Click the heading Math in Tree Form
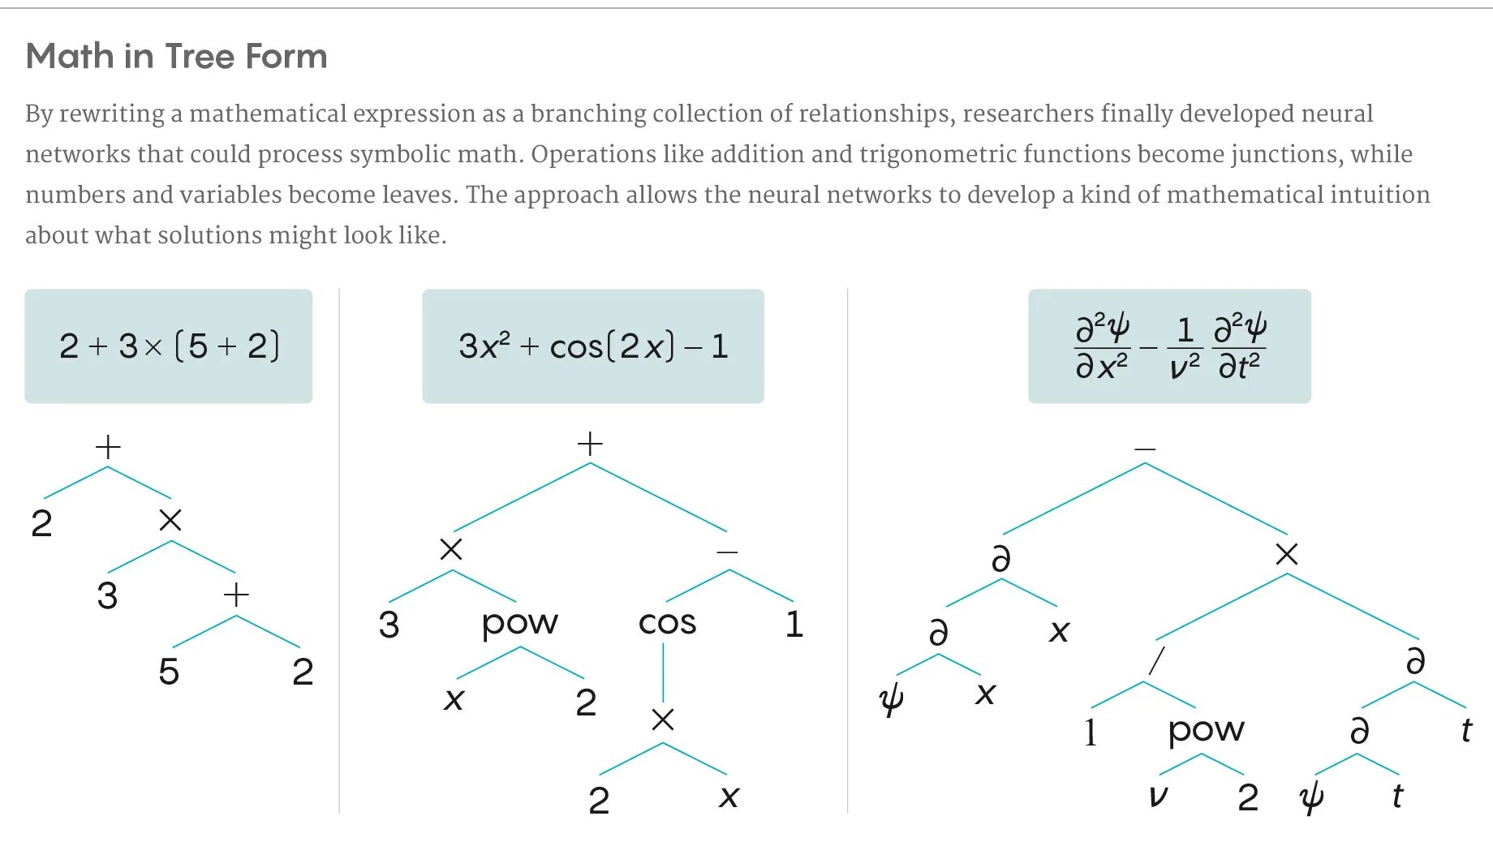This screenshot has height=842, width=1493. coord(176,57)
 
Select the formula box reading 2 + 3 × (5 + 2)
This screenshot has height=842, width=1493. coord(169,346)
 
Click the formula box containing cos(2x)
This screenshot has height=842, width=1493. coord(593,346)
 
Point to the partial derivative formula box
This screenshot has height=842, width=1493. coord(1169,346)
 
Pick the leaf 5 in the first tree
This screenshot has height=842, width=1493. coord(169,672)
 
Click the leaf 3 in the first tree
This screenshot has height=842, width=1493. coord(107,596)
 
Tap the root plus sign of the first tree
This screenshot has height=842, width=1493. coord(108,447)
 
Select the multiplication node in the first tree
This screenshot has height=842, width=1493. coord(170,520)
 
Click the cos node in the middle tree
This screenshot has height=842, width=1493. coord(667,623)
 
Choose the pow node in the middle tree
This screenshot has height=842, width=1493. coord(519,623)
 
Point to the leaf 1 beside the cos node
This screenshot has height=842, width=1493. coord(794,624)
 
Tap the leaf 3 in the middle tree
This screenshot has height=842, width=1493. coord(389,625)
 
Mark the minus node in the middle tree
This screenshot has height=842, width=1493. coord(728,552)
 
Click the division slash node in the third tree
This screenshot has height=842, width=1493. coord(1157,660)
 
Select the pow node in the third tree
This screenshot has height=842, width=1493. coord(1206,730)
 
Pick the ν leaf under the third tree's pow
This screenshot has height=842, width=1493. coord(1158,797)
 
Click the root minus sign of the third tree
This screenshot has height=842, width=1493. coord(1145,449)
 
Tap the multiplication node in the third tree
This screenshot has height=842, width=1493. coord(1287,555)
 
